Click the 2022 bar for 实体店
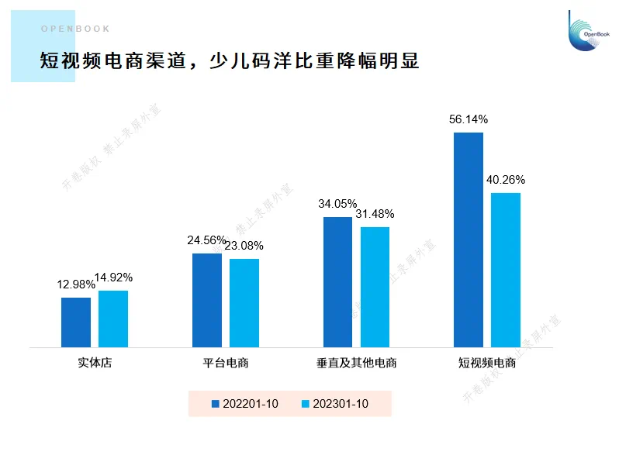(x=76, y=322)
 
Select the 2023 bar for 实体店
(x=113, y=319)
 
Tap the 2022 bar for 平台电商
(x=207, y=300)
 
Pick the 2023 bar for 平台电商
(x=244, y=303)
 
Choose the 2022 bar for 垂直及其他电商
(x=338, y=282)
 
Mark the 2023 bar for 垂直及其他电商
(x=375, y=287)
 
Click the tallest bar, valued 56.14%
(x=469, y=240)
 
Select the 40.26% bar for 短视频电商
(x=506, y=270)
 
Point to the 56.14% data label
(x=469, y=119)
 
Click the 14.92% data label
(x=113, y=278)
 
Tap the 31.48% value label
(x=375, y=214)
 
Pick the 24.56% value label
(x=206, y=240)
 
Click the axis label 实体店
(x=95, y=363)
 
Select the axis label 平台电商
(x=226, y=363)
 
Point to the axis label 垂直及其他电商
(x=356, y=363)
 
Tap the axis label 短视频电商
(x=487, y=363)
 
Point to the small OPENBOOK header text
(x=75, y=29)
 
